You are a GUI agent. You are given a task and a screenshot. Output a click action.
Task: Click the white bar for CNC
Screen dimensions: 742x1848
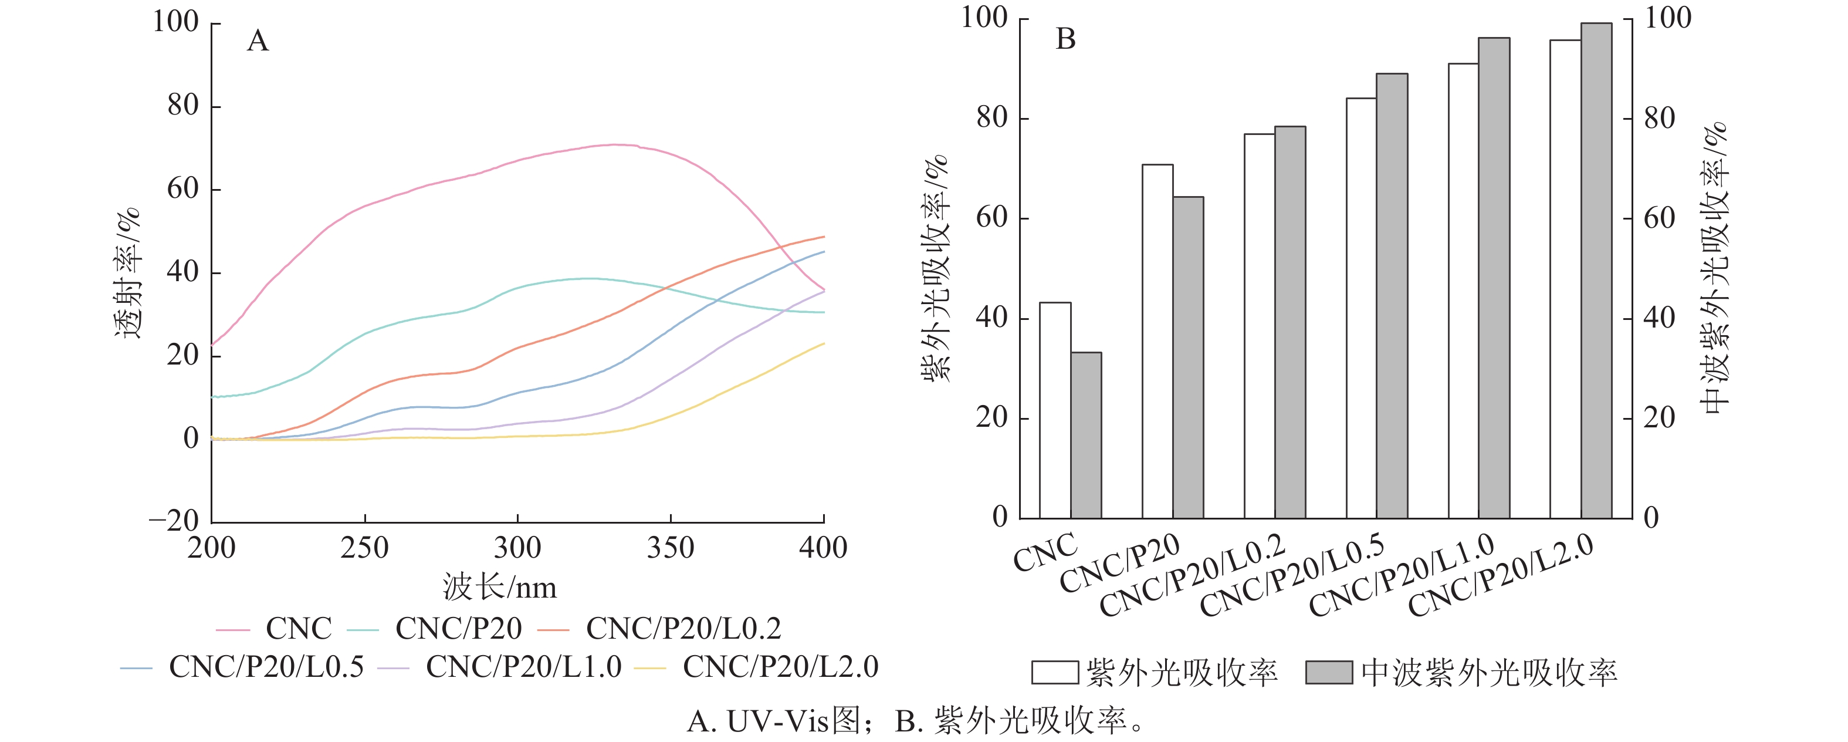click(x=1055, y=410)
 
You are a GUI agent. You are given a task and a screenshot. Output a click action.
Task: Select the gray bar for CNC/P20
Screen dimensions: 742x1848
click(x=1188, y=357)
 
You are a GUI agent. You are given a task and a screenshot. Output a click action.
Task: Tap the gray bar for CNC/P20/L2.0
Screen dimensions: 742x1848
click(x=1596, y=271)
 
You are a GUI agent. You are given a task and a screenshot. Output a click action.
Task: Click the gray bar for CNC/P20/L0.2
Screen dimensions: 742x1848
click(x=1290, y=322)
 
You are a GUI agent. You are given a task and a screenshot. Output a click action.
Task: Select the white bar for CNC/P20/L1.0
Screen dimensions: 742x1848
click(x=1464, y=291)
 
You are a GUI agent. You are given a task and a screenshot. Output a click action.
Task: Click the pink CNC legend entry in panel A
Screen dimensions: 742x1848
click(x=275, y=629)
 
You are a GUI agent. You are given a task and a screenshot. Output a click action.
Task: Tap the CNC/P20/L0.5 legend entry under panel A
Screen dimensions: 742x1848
click(x=243, y=667)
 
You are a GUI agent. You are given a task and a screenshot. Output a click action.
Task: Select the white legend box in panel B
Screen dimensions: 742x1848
click(x=1055, y=672)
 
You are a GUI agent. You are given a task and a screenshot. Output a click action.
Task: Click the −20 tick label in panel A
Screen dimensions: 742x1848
click(x=174, y=520)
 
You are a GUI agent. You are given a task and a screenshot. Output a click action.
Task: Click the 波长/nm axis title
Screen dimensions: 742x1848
click(x=499, y=588)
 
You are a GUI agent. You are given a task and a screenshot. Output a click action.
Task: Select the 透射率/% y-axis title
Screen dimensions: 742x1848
click(x=128, y=273)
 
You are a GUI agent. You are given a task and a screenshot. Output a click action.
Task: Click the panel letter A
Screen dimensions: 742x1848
click(x=258, y=41)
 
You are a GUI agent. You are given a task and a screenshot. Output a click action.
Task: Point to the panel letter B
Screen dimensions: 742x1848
click(x=1065, y=39)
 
